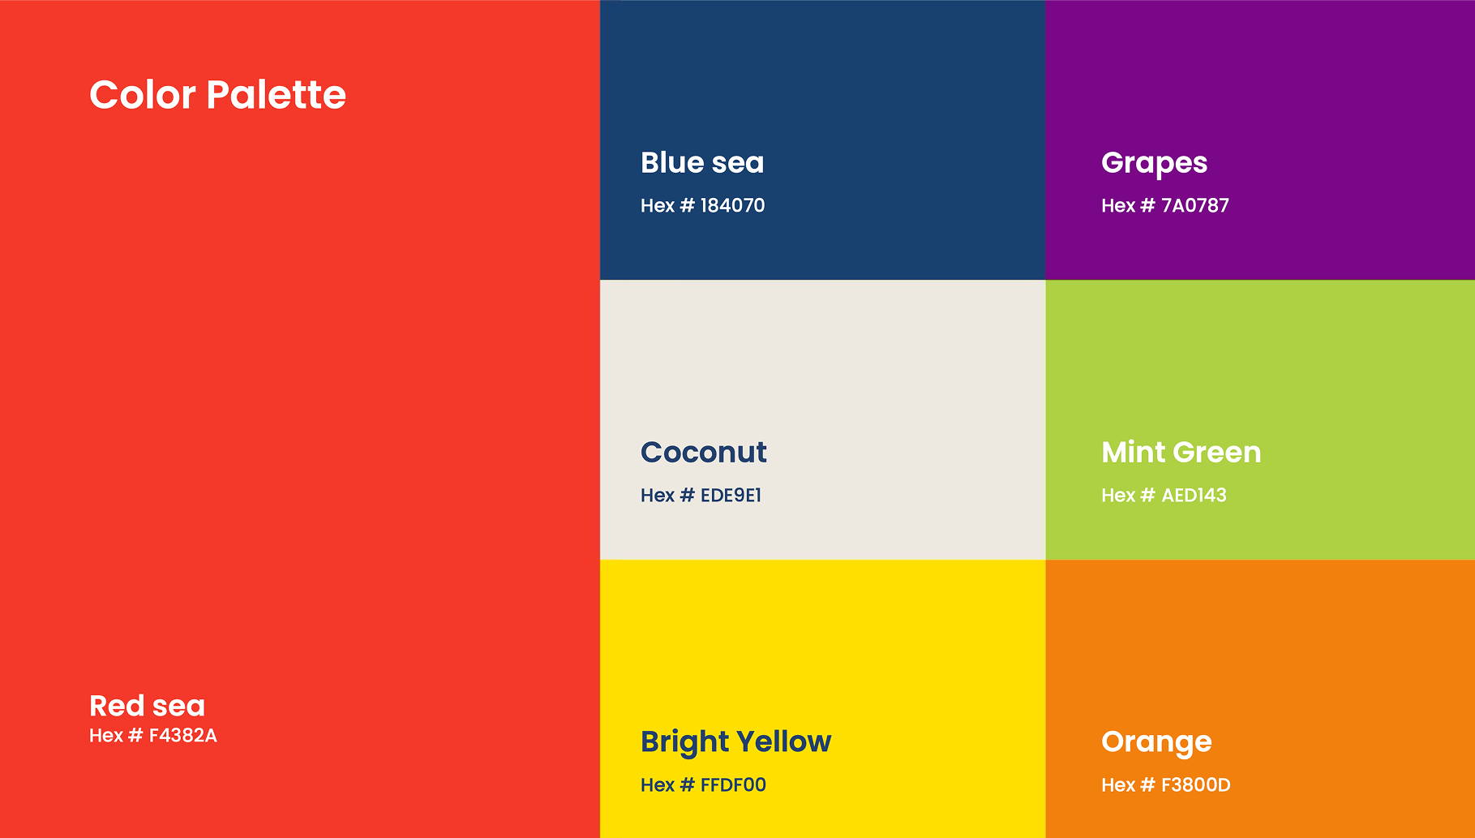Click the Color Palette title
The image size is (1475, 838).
[x=217, y=95]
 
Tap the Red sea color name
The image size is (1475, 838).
[x=147, y=706]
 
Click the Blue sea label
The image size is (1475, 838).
[x=702, y=162]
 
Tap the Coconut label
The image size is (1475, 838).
[x=703, y=452]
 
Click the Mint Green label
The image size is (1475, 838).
[x=1181, y=452]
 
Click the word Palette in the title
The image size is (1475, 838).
[x=276, y=95]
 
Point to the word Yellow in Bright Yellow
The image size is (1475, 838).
[x=783, y=741]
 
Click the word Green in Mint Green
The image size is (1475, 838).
[x=1216, y=452]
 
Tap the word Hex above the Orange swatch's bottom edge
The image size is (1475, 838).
[x=1117, y=784]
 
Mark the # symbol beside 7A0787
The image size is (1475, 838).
[x=1147, y=205]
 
